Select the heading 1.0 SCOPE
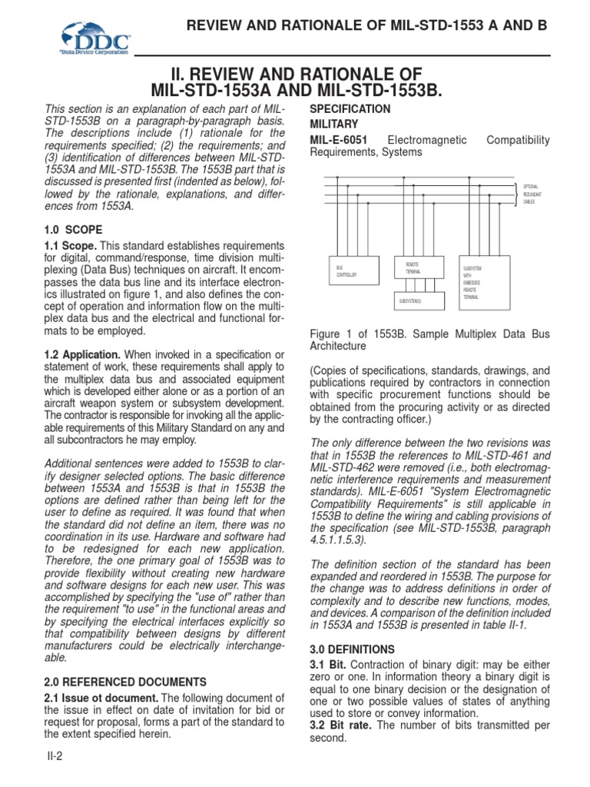pyautogui.click(x=71, y=230)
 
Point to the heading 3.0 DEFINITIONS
pyautogui.click(x=352, y=649)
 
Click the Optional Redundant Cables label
pyautogui.click(x=535, y=194)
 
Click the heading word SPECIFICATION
pyautogui.click(x=350, y=109)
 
